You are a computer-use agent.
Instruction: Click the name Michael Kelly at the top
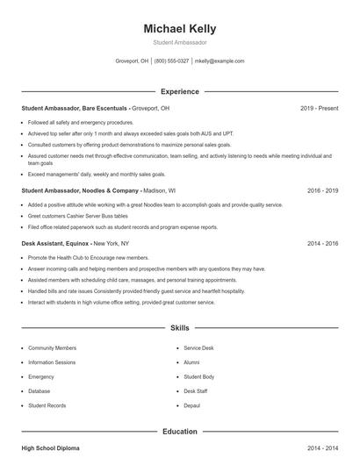[x=179, y=28]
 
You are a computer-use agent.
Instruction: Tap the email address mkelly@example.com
[x=220, y=61]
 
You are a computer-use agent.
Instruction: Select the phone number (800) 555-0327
[x=171, y=61]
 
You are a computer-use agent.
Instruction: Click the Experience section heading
[x=179, y=91]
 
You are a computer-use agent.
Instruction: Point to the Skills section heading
[x=179, y=328]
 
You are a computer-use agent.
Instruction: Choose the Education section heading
[x=179, y=432]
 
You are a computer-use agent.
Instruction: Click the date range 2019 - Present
[x=319, y=108]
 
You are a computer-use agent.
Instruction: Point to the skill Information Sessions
[x=52, y=362]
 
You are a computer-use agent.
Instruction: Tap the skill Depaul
[x=192, y=405]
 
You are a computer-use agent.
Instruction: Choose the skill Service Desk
[x=198, y=348]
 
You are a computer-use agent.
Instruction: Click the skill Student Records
[x=47, y=405]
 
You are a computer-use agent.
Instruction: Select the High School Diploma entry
[x=50, y=448]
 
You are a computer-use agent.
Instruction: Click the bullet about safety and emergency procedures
[x=81, y=123]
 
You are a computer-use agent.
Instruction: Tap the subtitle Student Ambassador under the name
[x=179, y=42]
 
